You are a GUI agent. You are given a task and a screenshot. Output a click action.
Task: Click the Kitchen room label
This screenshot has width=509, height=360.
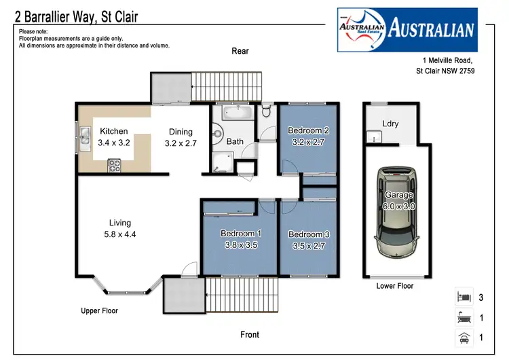(114, 131)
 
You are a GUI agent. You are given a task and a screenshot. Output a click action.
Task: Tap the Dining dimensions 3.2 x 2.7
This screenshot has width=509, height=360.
(180, 143)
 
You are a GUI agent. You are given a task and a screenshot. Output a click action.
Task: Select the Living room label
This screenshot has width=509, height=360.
(120, 223)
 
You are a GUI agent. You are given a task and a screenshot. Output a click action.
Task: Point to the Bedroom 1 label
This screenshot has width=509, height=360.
(241, 234)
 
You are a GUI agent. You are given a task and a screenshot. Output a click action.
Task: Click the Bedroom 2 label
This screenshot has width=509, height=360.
(308, 130)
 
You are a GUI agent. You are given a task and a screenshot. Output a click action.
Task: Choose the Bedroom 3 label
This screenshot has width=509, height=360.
(309, 235)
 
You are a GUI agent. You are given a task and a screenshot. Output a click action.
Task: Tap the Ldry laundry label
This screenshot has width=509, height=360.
(391, 124)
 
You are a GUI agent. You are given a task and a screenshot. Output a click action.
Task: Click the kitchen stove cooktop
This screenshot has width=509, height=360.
(114, 164)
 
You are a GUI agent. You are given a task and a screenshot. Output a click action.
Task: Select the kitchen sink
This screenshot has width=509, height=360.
(84, 137)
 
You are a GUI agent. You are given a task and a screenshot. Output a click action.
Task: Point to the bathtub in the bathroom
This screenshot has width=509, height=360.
(237, 112)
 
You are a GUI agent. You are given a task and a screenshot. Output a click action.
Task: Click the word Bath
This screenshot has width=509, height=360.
(235, 142)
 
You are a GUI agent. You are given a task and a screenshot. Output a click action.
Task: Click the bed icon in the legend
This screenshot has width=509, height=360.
(464, 296)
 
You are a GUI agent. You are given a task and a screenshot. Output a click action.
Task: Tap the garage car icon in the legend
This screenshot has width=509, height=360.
(464, 337)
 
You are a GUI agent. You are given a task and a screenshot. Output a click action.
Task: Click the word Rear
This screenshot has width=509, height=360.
(241, 51)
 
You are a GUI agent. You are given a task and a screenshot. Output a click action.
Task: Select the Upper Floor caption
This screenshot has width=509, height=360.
(99, 311)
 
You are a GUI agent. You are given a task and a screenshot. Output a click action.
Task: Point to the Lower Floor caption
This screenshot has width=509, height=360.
(395, 286)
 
